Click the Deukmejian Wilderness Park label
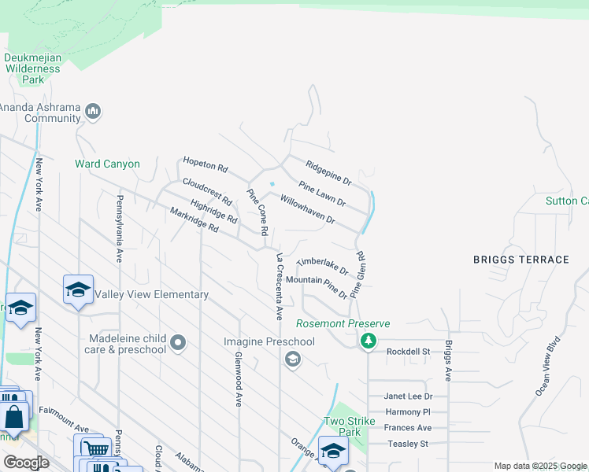tap(32, 68)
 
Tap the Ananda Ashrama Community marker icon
tap(93, 111)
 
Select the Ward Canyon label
tap(107, 164)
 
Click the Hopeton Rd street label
tap(205, 164)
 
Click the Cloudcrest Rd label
tap(206, 191)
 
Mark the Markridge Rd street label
tap(194, 219)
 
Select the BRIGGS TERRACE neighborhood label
tap(520, 260)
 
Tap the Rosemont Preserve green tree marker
tap(367, 341)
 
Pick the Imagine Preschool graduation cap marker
tap(293, 360)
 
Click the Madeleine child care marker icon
tap(178, 342)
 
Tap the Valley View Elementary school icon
tap(78, 289)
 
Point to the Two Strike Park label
tap(343, 426)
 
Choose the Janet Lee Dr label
tap(408, 396)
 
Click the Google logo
tap(26, 462)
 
